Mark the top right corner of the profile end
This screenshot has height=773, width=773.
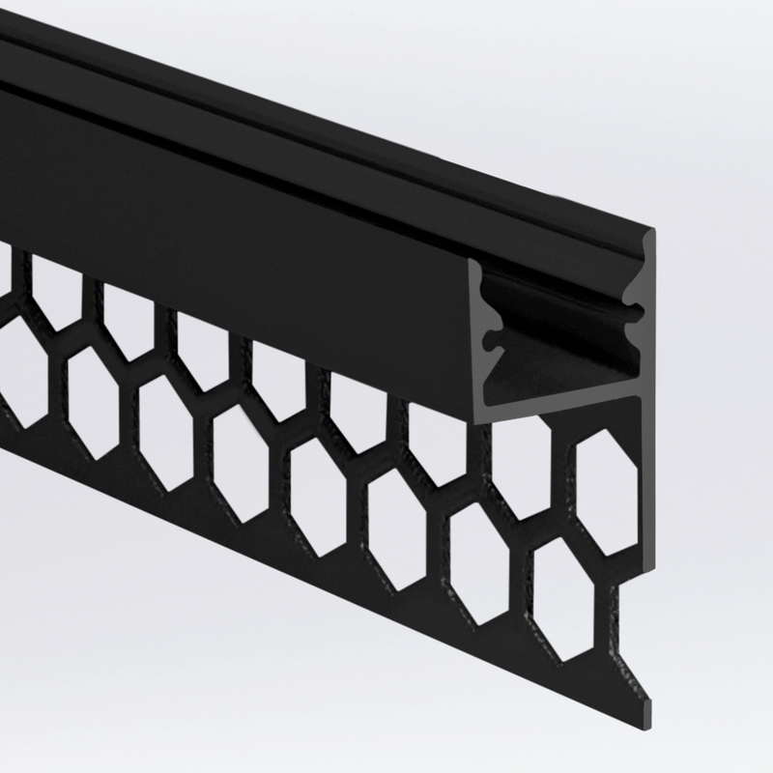point(653,232)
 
